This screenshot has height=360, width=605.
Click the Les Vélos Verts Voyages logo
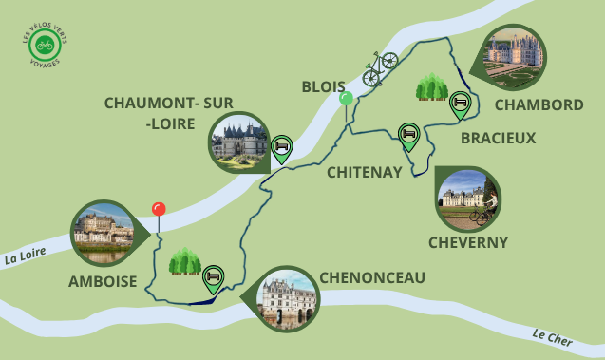42,46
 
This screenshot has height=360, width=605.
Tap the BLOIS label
324,86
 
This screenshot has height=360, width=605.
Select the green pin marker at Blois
347,98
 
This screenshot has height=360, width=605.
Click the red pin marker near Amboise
159,210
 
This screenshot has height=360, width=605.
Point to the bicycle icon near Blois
380,68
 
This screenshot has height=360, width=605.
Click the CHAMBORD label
539,104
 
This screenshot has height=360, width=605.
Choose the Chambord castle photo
519,56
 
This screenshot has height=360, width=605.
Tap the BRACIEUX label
498,138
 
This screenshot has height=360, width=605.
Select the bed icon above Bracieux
461,103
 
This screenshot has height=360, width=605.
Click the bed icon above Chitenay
408,136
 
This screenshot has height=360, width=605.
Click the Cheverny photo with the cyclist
467,199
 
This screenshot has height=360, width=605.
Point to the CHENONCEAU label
372,277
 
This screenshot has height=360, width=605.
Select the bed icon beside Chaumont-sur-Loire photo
281,147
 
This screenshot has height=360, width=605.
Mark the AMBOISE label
103,282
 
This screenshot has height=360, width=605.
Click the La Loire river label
25,257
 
